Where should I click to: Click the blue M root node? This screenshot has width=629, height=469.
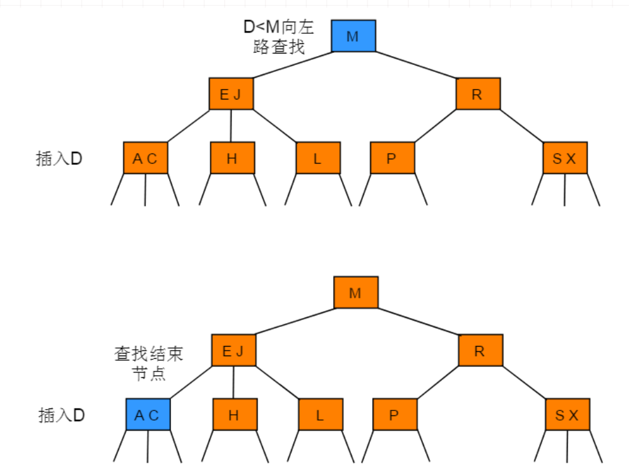pos(353,36)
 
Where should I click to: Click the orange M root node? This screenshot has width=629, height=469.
pos(356,292)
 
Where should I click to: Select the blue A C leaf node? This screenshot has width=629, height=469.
pos(147,415)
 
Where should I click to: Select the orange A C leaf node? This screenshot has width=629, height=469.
pos(145,158)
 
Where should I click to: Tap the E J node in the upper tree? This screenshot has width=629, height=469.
pos(231,94)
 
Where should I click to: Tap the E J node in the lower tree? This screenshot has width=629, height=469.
pos(233,350)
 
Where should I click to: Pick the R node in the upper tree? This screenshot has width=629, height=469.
pos(478,94)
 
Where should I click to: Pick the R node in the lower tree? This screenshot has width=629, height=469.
pos(480,350)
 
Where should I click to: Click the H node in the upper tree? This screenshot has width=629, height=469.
pos(232,158)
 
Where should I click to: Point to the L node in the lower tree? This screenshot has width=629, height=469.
pos(320,415)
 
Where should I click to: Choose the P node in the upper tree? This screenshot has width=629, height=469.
pos(392,158)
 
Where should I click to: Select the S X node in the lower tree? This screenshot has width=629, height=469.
pos(567,415)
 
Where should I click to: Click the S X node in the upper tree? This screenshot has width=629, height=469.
pos(565,158)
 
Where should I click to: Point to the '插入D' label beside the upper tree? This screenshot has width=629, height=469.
pos(59,159)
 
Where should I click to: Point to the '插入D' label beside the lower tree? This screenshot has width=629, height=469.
pos(61,415)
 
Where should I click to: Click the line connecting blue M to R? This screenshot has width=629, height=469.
pos(416,65)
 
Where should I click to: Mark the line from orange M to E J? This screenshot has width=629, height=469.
pos(295,321)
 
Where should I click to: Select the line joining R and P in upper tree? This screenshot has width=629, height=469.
pos(435,126)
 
